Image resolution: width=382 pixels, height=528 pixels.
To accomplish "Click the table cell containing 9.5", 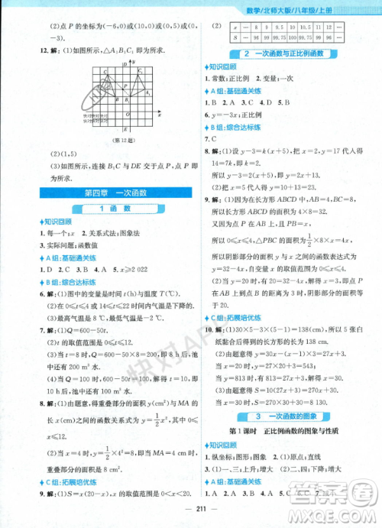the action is pos(277,27).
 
